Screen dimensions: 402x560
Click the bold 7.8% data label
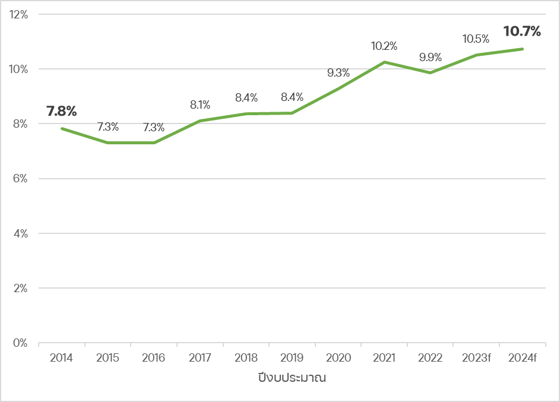tap(62, 111)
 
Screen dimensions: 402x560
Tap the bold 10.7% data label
tap(522, 31)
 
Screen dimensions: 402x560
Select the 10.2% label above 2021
tap(384, 46)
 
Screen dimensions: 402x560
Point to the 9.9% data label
tap(430, 58)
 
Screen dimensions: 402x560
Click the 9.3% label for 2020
tap(338, 73)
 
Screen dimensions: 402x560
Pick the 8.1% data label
tap(200, 105)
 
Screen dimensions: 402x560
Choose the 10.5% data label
tap(476, 39)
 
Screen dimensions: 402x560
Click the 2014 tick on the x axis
tap(62, 358)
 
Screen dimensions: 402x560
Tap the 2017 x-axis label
tap(200, 358)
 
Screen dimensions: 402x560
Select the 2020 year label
tap(338, 358)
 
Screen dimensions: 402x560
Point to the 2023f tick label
tap(476, 358)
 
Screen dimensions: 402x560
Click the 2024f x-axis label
tap(523, 358)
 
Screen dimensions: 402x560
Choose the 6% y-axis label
tap(21, 179)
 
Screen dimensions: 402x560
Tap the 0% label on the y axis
tap(21, 343)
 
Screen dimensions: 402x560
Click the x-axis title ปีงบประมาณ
tap(292, 378)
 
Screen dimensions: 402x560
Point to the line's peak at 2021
tap(384, 62)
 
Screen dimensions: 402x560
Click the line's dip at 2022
tap(430, 72)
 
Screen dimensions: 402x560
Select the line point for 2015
tap(108, 143)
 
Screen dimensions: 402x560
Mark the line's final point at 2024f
tap(523, 49)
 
